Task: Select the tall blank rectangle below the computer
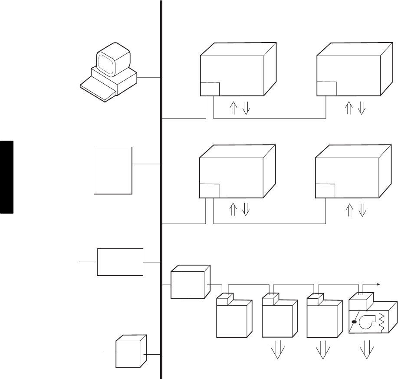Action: pyautogui.click(x=113, y=170)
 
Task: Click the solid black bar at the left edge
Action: pyautogui.click(x=7, y=176)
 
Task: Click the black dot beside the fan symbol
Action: pyautogui.click(x=354, y=322)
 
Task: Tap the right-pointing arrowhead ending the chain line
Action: pyautogui.click(x=379, y=285)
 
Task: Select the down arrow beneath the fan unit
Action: pyautogui.click(x=367, y=350)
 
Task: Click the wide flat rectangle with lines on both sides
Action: pyautogui.click(x=120, y=262)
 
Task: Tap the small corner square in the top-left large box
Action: pyautogui.click(x=210, y=89)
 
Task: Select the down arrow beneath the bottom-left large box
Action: pyautogui.click(x=246, y=210)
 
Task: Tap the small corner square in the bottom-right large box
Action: pyautogui.click(x=325, y=190)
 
